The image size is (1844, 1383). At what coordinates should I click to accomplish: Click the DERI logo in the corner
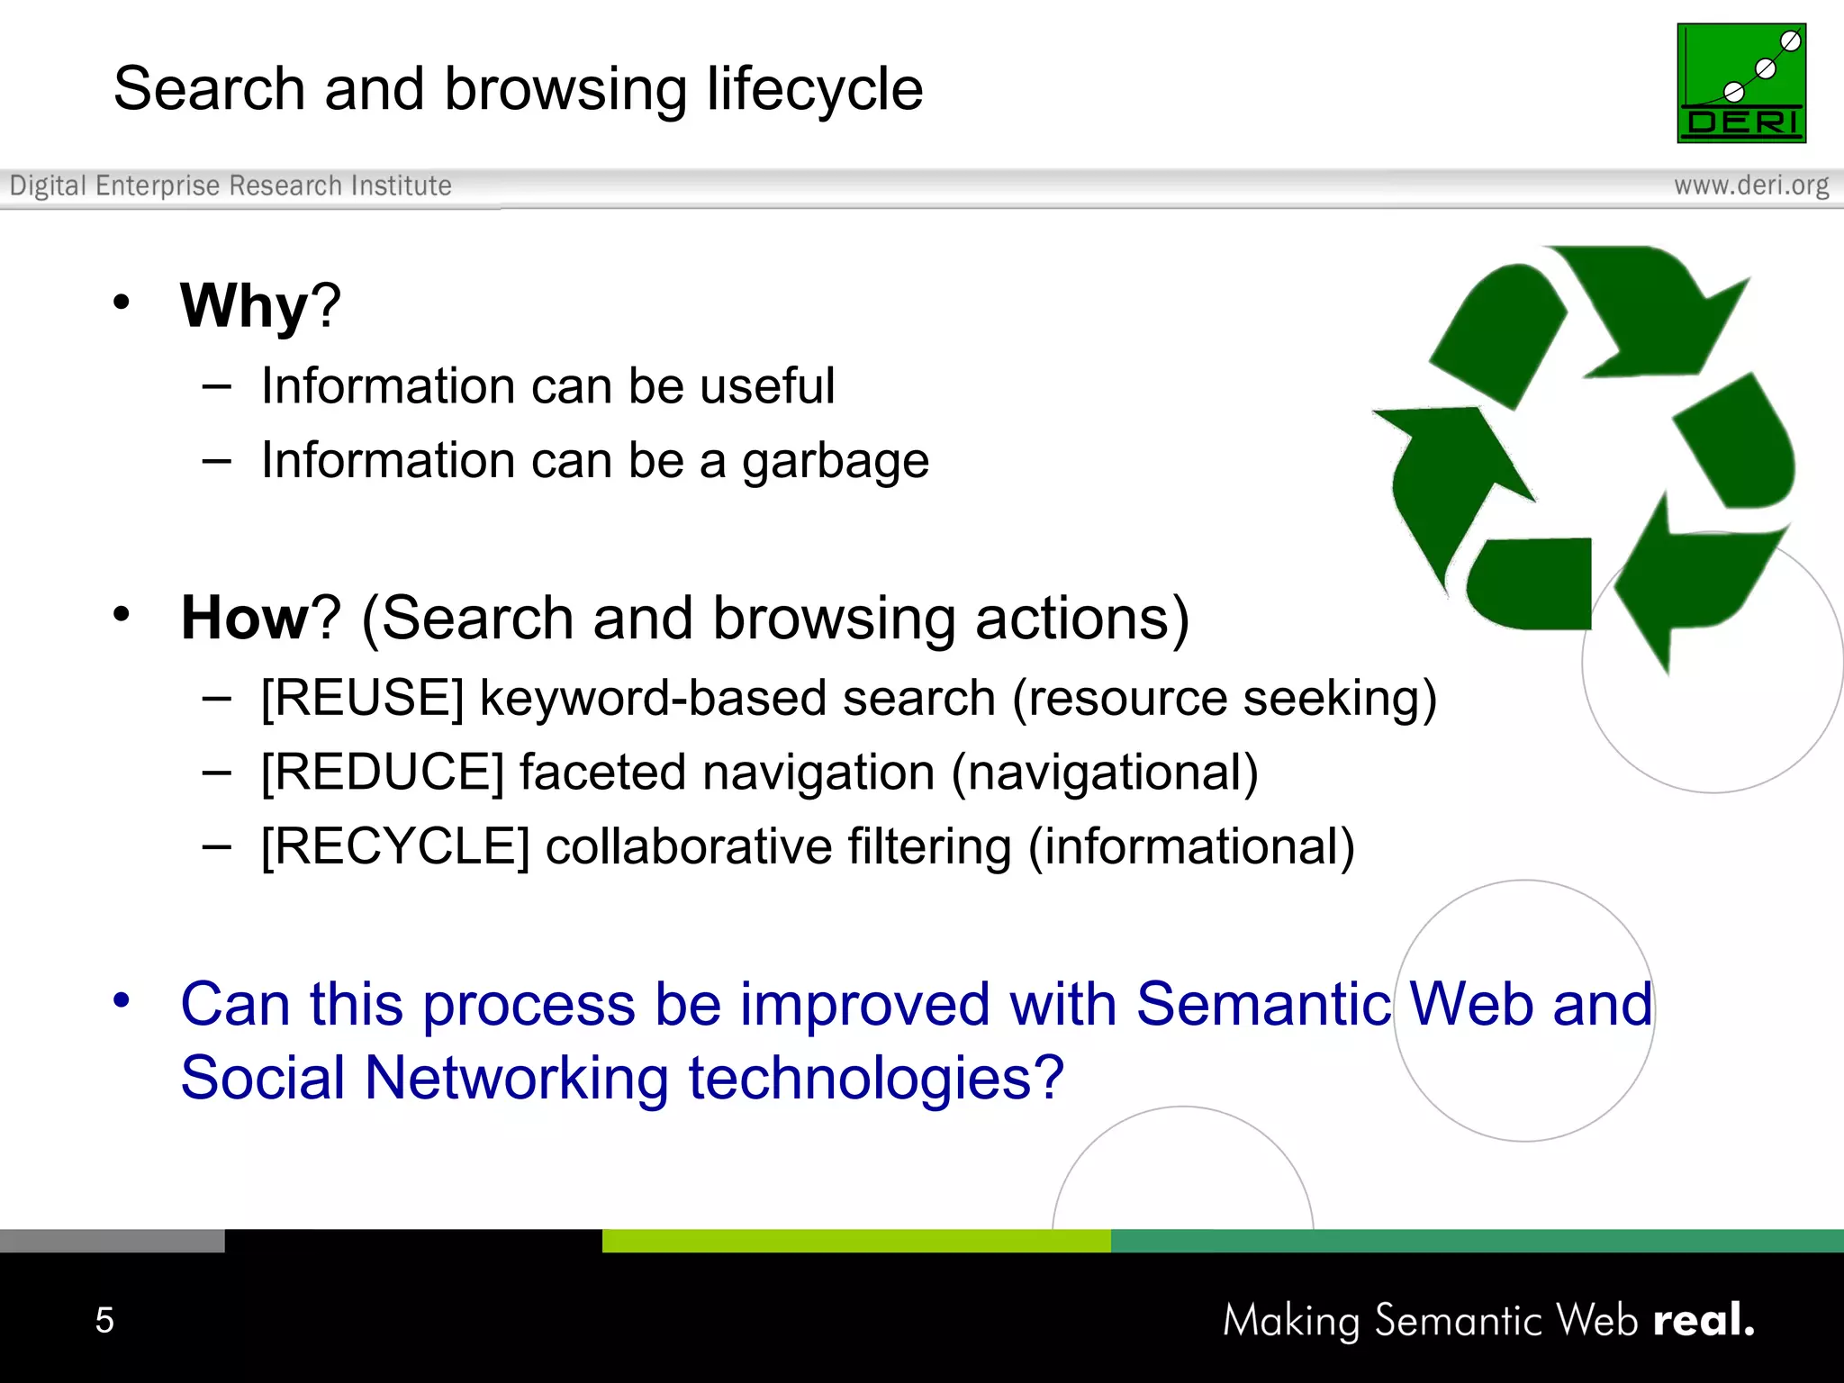point(1740,83)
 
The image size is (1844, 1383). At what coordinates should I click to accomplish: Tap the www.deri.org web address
point(1750,185)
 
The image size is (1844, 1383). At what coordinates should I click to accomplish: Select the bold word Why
point(244,306)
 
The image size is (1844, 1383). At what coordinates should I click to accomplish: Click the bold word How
point(244,619)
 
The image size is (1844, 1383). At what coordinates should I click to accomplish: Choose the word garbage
point(835,461)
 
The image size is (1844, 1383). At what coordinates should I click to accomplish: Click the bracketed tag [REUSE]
point(362,699)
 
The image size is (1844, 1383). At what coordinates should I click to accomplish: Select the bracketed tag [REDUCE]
point(382,773)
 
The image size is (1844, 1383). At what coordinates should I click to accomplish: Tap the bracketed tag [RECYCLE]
point(394,847)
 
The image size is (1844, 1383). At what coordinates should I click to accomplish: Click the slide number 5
point(104,1320)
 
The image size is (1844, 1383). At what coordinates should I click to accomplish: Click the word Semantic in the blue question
point(1263,1004)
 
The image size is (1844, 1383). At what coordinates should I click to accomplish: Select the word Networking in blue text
point(516,1078)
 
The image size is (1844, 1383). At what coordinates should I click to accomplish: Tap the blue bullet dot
point(122,999)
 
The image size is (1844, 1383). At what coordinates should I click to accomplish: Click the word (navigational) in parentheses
point(1105,773)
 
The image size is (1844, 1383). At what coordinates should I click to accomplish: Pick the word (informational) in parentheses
point(1191,847)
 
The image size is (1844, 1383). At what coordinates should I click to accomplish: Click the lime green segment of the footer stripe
point(855,1241)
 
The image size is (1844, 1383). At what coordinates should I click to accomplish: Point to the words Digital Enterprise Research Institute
point(230,185)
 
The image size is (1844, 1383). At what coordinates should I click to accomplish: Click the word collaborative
point(689,847)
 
